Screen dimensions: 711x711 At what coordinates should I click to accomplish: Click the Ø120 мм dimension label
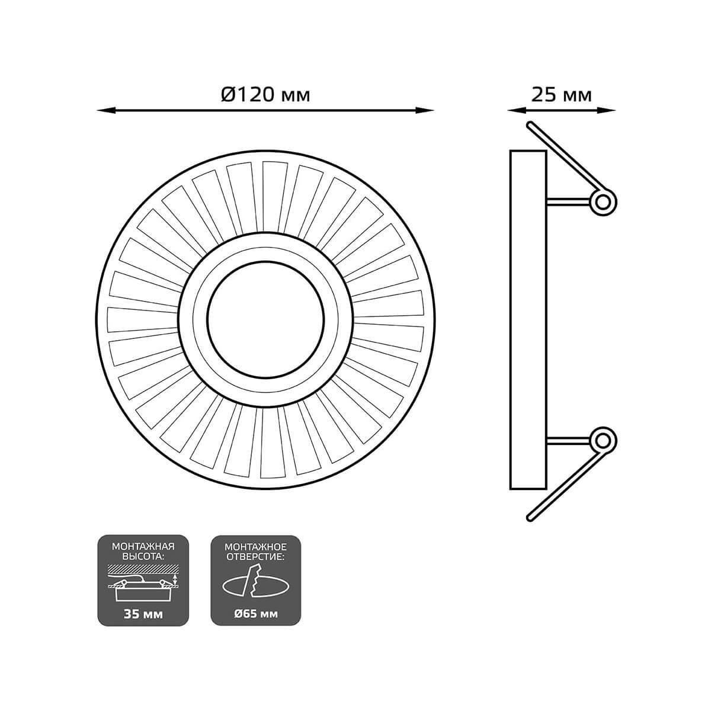pos(265,95)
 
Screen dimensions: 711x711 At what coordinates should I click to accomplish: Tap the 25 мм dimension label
pos(561,95)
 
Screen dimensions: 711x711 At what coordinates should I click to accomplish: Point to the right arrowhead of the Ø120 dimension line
pos(424,110)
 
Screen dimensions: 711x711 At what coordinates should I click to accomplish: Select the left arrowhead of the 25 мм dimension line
pos(517,110)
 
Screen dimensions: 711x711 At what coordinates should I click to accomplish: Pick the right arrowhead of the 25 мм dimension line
pos(606,110)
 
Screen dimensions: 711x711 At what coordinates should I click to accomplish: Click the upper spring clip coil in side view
pos(603,202)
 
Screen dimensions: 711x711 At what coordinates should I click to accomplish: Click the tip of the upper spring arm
pos(530,124)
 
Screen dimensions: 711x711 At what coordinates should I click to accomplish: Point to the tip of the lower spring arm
pos(530,518)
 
